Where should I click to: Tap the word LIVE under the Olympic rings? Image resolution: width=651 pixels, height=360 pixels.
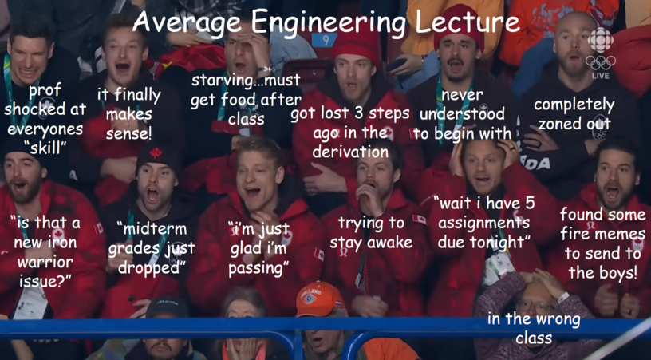click(x=601, y=76)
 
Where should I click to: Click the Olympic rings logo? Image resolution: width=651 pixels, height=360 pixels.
click(x=601, y=63)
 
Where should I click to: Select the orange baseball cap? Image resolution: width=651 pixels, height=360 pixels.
click(x=319, y=298)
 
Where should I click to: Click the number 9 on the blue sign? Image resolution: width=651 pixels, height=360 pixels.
click(x=325, y=40)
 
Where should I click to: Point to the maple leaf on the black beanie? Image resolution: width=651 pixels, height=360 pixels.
click(x=156, y=152)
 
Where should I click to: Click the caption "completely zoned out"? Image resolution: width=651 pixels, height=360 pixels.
click(x=574, y=114)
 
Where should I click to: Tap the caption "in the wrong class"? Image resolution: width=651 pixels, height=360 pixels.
click(x=534, y=328)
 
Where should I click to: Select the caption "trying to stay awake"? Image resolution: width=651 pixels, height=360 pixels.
click(x=371, y=232)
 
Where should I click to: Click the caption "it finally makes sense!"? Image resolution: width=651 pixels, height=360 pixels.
click(x=128, y=114)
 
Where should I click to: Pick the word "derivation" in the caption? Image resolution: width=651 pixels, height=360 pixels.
click(x=350, y=152)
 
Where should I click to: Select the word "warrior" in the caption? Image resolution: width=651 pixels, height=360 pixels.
click(x=45, y=262)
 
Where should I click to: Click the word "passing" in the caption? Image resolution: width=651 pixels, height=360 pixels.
click(x=256, y=268)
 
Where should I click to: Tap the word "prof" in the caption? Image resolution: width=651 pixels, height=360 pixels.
click(x=45, y=90)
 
